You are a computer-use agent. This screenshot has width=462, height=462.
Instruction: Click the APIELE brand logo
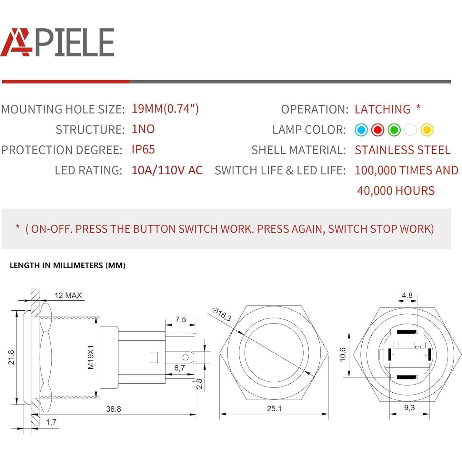(57, 42)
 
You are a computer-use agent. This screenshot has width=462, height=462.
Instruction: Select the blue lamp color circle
(361, 130)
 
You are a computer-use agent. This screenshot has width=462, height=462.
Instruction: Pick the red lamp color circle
(377, 130)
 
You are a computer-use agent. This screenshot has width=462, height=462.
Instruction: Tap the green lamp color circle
(394, 130)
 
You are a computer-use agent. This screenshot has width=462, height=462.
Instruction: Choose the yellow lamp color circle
(427, 130)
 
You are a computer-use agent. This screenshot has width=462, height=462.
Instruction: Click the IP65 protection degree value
(143, 150)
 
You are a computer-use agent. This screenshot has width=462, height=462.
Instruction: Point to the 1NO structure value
(143, 129)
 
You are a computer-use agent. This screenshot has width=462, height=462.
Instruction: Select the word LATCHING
(382, 109)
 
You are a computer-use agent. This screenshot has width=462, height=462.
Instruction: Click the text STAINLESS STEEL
(402, 150)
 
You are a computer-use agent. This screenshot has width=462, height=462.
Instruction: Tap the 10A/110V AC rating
(167, 170)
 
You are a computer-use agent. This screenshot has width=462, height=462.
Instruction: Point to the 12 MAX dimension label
(68, 295)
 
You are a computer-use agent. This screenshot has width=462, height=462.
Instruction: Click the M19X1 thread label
(91, 357)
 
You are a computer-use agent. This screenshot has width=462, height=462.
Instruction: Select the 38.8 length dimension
(114, 409)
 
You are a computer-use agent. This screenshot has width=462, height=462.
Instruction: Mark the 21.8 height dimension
(11, 357)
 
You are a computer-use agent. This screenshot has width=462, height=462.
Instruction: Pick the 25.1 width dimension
(274, 409)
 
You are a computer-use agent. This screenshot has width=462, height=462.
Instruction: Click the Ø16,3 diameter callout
(222, 315)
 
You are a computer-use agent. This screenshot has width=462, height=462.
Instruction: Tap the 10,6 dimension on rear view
(343, 354)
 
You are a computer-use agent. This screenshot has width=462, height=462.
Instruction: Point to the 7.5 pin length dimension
(181, 319)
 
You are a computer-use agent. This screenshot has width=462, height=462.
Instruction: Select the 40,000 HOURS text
(396, 191)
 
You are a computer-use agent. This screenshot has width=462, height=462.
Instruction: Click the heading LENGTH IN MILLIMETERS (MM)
(67, 266)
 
